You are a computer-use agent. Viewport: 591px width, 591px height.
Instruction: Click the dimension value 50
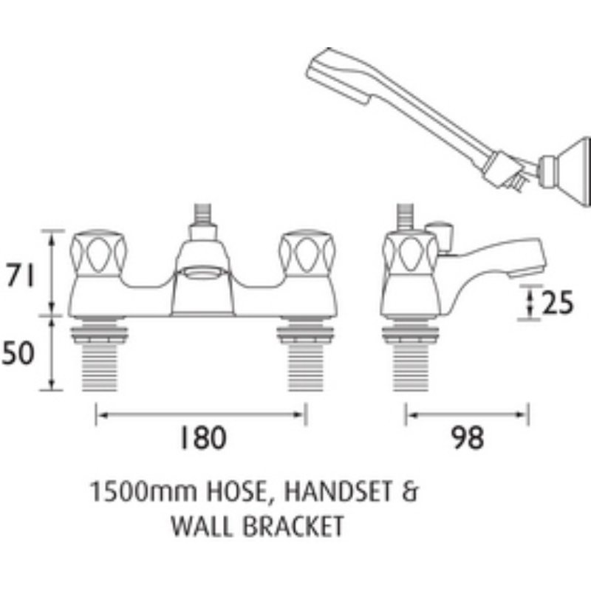[x=18, y=353]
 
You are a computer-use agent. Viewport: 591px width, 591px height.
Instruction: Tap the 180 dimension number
[x=202, y=437]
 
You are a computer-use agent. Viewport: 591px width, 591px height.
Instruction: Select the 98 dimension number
[x=468, y=437]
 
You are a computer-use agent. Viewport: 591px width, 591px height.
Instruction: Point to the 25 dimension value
[x=558, y=302]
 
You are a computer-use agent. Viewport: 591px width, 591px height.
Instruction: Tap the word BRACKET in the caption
[x=293, y=526]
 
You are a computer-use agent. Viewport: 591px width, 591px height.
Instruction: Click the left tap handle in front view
[x=99, y=253]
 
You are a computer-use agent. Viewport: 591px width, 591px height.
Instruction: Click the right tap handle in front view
[x=307, y=253]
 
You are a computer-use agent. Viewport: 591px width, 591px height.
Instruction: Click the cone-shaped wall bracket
[x=565, y=172]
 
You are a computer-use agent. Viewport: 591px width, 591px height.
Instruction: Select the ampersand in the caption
[x=410, y=492]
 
